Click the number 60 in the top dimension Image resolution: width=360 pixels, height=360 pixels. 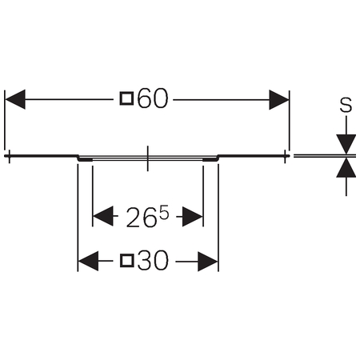click(x=153, y=98)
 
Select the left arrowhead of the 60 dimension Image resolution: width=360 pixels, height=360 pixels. click(x=15, y=99)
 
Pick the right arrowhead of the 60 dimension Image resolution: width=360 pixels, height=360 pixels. click(x=279, y=100)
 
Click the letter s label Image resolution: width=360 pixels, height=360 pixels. click(x=346, y=105)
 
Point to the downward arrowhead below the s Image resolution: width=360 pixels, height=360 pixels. click(x=346, y=144)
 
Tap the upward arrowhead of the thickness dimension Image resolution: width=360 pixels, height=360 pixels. click(x=346, y=168)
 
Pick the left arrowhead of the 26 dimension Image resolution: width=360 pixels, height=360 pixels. click(x=103, y=216)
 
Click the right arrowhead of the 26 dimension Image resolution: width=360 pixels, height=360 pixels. click(x=193, y=217)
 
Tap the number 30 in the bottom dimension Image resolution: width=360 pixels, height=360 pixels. click(x=154, y=261)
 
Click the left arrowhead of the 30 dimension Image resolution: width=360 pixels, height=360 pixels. click(x=88, y=261)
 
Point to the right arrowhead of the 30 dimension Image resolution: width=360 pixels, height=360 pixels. click(x=208, y=262)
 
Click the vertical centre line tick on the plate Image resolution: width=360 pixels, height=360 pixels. click(x=147, y=158)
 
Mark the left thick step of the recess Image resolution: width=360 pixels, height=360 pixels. click(x=85, y=159)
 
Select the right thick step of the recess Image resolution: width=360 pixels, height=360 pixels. click(x=210, y=159)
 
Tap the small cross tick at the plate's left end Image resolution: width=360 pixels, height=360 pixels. click(x=10, y=156)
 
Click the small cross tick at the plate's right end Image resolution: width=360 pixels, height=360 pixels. click(x=286, y=156)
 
